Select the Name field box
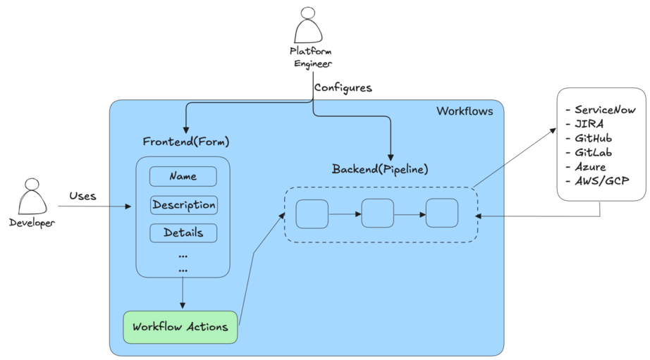(183, 176)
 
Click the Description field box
(183, 205)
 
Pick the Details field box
(183, 232)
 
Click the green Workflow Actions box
(180, 327)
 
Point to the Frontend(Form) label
(186, 141)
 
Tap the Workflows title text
(465, 111)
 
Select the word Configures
(343, 88)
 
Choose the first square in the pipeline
(312, 213)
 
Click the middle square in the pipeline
(377, 213)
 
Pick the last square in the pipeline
(441, 213)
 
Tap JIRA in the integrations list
(589, 124)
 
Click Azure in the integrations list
(591, 167)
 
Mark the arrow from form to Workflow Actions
(183, 293)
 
